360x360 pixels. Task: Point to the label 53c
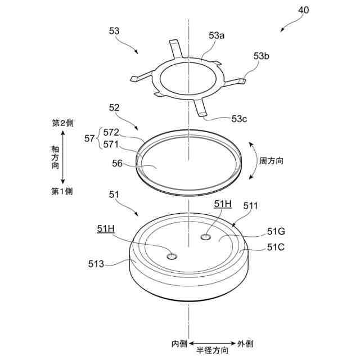click(240, 119)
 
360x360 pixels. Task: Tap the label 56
click(117, 163)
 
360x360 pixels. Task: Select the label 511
click(250, 206)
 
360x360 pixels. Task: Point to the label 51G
click(276, 231)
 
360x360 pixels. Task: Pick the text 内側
click(180, 343)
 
